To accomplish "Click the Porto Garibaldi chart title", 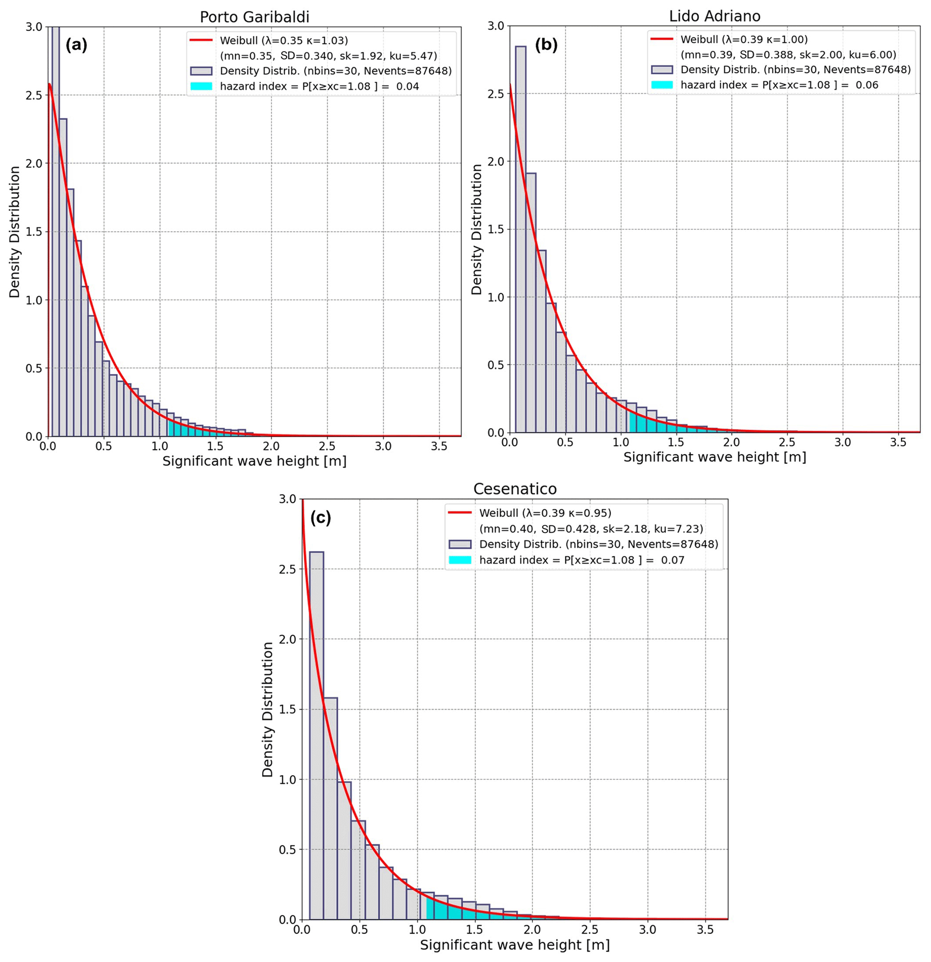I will tap(254, 17).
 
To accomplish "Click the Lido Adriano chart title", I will tap(714, 16).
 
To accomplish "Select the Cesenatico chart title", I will tap(515, 489).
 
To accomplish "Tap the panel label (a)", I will tap(76, 45).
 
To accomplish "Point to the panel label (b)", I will tap(546, 45).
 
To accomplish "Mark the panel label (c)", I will tap(321, 518).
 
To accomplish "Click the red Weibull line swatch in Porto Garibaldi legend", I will tap(201, 40).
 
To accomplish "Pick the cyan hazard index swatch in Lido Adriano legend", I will tap(661, 85).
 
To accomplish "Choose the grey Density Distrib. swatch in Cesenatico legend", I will tap(459, 544).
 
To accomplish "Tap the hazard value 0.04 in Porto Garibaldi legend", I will tap(408, 86).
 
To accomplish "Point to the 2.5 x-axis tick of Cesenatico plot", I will tap(590, 930).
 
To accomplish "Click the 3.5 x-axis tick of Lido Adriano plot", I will tap(898, 442).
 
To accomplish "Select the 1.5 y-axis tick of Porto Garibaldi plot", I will tap(34, 232).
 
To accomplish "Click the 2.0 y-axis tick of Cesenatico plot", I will tap(287, 639).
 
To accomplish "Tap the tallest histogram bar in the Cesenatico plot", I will tap(316, 736).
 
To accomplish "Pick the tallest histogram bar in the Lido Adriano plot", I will tap(521, 240).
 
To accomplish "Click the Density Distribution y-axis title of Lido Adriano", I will tap(476, 229).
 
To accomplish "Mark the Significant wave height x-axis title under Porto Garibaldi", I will tap(254, 461).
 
